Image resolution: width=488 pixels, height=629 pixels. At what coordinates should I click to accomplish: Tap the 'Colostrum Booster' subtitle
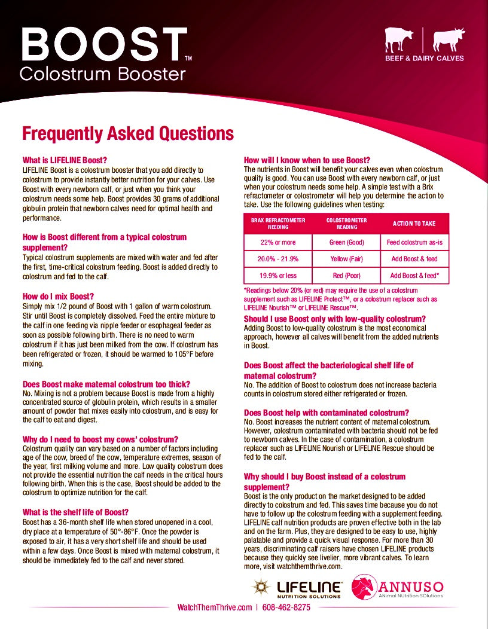[102, 74]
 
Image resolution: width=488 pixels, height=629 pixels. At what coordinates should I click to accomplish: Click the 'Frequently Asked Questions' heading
[127, 133]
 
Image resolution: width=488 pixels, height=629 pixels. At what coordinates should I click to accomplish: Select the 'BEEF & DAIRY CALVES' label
[424, 59]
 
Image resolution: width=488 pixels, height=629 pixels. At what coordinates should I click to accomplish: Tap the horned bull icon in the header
[449, 40]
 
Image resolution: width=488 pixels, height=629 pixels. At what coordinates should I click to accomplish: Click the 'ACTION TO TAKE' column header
[414, 224]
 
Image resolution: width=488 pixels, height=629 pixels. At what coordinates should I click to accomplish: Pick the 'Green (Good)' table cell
[346, 242]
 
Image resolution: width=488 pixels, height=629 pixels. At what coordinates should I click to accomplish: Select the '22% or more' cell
[278, 242]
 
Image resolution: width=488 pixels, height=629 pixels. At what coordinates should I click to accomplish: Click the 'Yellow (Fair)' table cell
[346, 259]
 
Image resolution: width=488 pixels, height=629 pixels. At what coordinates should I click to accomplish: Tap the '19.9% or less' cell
[278, 276]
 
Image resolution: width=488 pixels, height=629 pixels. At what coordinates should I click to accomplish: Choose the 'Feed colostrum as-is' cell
[414, 242]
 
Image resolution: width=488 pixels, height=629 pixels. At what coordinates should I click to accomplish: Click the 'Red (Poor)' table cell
[346, 276]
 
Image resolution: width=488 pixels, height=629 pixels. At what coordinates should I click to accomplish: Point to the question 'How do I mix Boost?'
[58, 297]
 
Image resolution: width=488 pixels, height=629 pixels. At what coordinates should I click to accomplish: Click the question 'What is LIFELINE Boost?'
[65, 160]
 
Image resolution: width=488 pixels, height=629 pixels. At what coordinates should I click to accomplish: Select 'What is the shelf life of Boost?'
[75, 512]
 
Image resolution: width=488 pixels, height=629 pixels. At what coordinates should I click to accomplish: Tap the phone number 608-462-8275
[286, 607]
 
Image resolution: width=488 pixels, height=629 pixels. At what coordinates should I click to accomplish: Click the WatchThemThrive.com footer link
[215, 607]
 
